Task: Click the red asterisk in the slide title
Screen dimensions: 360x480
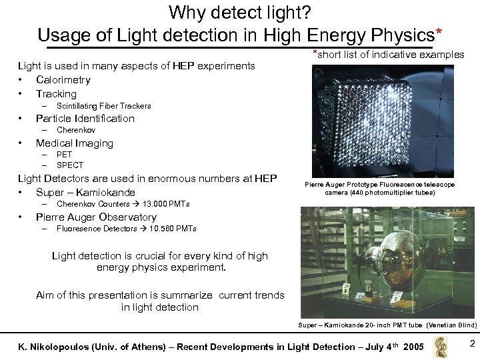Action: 438,31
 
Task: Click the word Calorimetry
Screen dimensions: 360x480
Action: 63,80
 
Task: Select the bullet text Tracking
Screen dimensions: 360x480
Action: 56,94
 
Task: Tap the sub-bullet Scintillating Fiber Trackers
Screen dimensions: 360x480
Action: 103,106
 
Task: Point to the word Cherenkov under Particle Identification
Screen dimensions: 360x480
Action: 75,131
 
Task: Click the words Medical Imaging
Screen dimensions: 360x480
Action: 74,143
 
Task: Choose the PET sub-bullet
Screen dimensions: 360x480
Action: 64,155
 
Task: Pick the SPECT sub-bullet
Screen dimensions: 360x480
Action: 70,165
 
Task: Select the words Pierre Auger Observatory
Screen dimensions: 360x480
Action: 96,217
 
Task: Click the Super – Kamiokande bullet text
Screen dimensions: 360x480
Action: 85,193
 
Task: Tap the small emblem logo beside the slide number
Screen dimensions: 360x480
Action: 440,346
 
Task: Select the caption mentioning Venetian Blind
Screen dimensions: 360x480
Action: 387,325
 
